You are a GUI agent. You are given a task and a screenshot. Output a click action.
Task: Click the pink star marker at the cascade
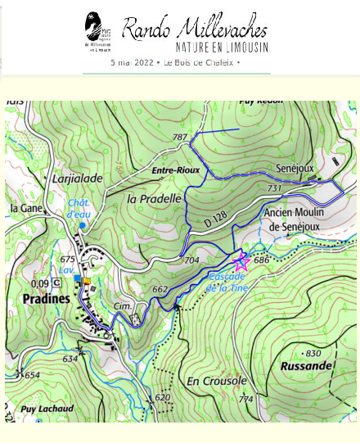pos(241,262)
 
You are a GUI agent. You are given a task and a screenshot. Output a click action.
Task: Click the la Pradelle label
pos(154,198)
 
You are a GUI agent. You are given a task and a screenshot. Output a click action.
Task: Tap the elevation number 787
pos(179,137)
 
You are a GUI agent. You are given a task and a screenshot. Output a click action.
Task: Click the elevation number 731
pos(275,188)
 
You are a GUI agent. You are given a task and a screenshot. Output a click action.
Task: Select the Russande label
pos(304,366)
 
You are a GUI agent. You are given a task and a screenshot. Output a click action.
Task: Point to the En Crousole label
pos(217,382)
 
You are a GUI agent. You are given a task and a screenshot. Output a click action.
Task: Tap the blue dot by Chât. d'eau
pos(83,225)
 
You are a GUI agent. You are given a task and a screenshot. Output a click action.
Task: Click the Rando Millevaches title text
pos(195,29)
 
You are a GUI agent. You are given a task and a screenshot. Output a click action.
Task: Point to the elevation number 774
pos(245,400)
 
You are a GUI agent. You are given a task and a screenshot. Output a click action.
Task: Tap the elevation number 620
pos(163,397)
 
